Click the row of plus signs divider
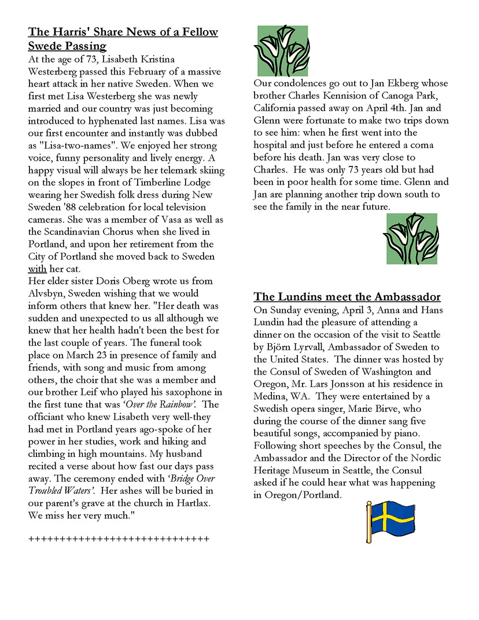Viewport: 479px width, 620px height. [119, 539]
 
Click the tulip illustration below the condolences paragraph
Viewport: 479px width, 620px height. [412, 238]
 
